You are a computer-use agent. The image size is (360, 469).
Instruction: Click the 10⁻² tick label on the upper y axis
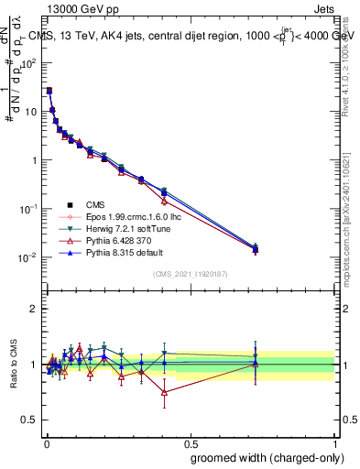(29, 257)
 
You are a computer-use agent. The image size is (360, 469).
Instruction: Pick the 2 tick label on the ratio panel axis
(34, 309)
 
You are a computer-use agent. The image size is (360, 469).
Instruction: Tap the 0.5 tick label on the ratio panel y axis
(29, 420)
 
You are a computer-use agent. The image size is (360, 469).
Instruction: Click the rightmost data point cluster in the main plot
(255, 248)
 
